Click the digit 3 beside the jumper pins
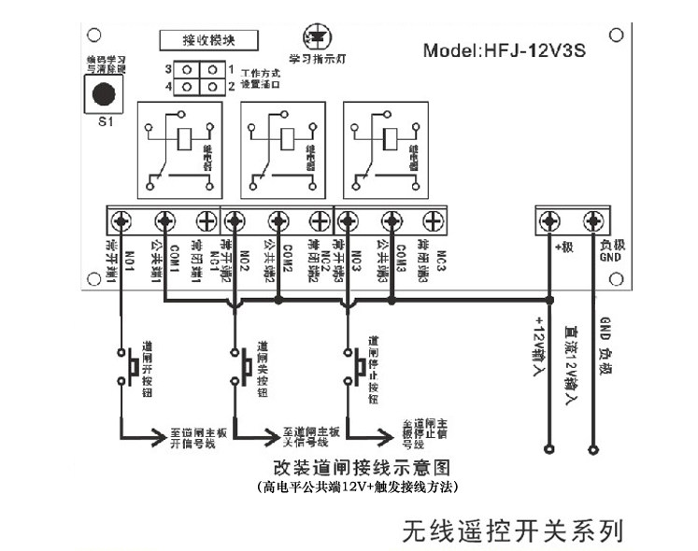[169, 70]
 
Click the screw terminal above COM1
[164, 220]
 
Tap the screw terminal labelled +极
[550, 220]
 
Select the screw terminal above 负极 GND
[592, 220]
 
